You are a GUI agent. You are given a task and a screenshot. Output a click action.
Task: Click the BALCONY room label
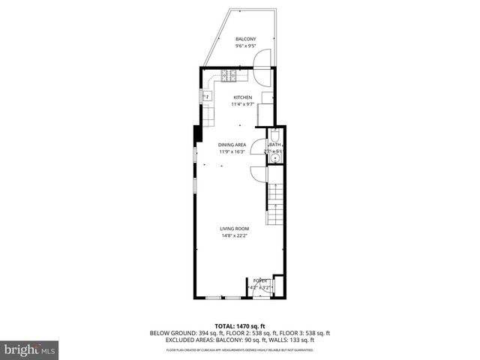[245, 39]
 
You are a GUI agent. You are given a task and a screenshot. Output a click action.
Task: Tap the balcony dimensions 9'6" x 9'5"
[245, 46]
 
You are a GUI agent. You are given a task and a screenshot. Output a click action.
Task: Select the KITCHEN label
[241, 97]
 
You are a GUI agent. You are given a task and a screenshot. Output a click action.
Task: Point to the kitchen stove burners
[229, 76]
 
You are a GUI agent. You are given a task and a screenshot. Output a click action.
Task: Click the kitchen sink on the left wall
[205, 96]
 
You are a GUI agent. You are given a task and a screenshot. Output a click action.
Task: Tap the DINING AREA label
[232, 145]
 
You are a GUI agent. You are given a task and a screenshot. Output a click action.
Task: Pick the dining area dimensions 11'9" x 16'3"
[232, 151]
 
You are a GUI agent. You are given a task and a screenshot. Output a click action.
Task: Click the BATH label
[274, 145]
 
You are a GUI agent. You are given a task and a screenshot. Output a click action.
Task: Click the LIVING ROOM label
[234, 229]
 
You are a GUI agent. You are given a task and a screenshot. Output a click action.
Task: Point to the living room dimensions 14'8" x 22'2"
[234, 235]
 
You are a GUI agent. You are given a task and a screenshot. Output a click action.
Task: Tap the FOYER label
[260, 280]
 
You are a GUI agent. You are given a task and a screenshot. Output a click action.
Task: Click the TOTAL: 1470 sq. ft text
[240, 325]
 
